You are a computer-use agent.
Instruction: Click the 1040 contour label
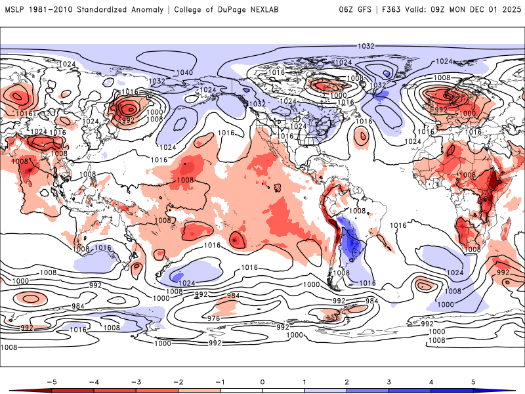(184, 72)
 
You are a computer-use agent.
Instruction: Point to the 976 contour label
(213, 318)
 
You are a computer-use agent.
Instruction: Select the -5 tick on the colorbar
(51, 381)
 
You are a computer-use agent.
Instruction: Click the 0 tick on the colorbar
(262, 381)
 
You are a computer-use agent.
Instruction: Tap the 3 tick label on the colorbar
(389, 381)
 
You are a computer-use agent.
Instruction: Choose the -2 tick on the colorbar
(178, 381)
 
